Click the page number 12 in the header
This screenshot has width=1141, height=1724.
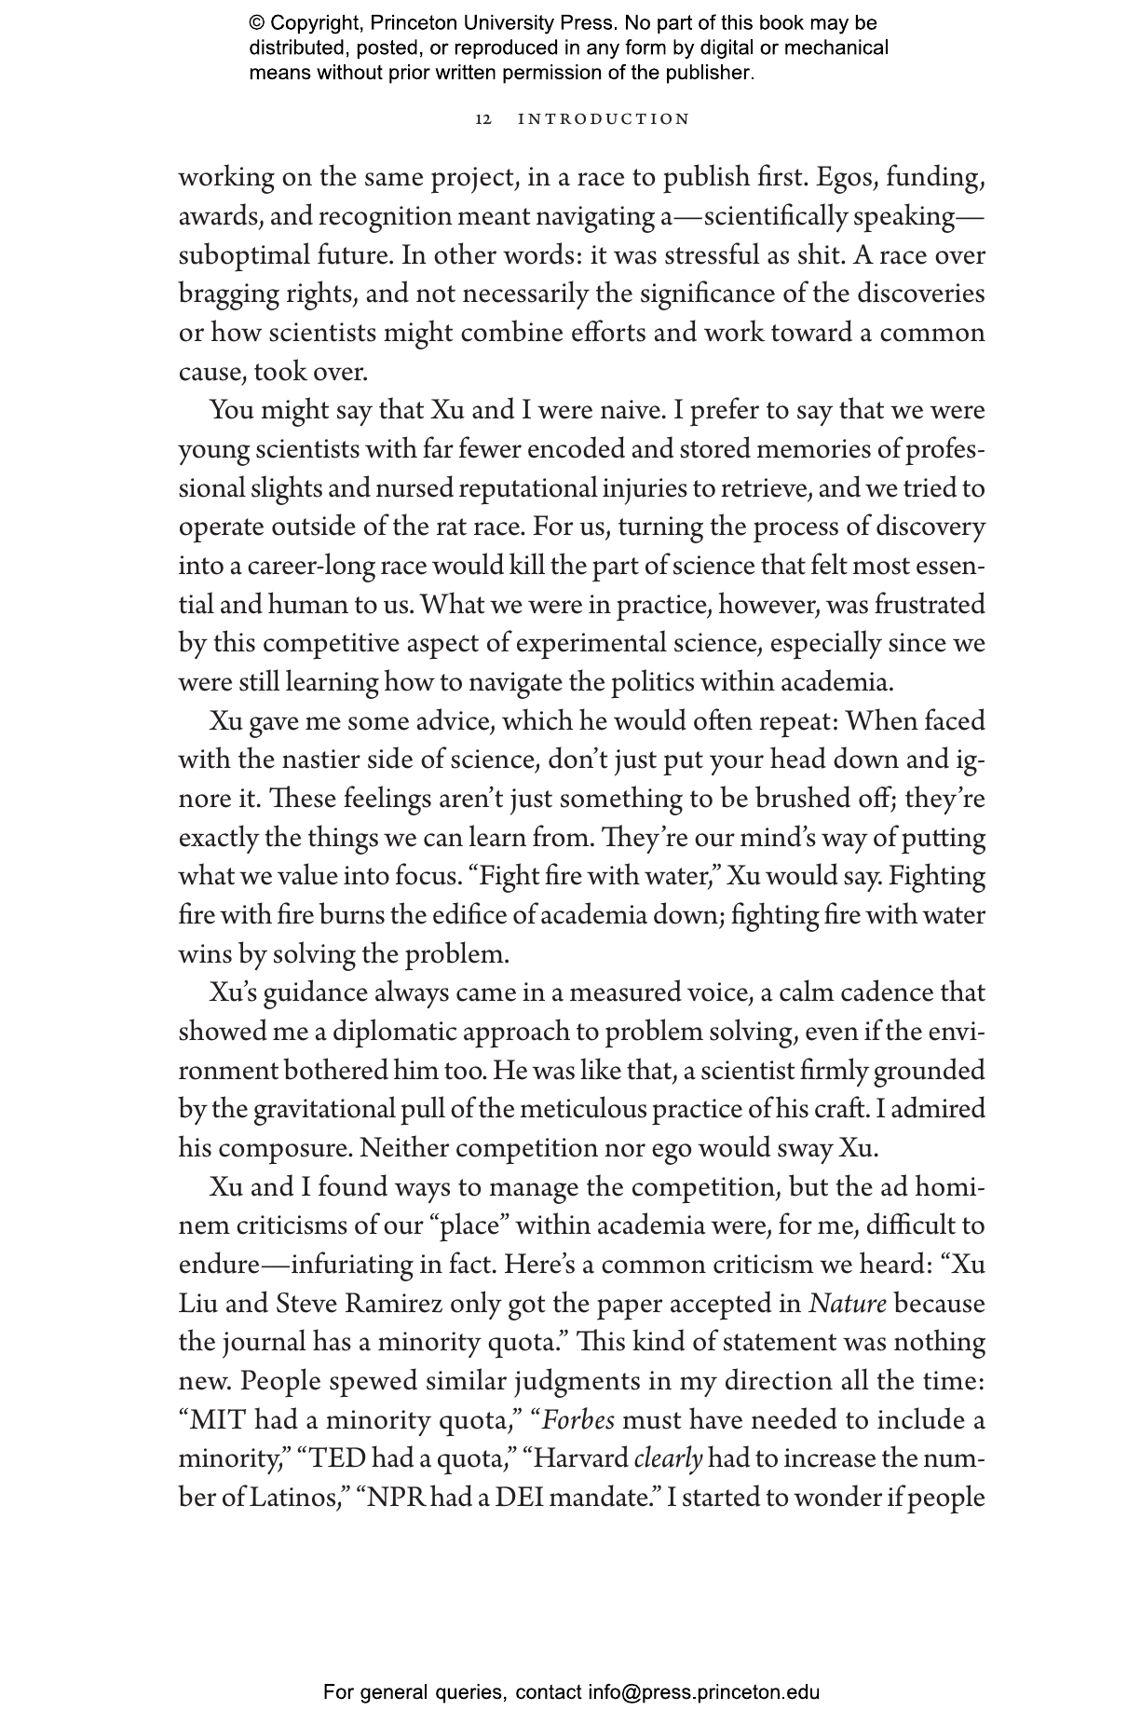(483, 119)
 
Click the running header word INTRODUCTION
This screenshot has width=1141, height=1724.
(604, 119)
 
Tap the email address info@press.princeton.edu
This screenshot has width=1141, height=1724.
(703, 1691)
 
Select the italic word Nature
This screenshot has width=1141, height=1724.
(847, 1303)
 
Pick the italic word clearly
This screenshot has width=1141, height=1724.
(667, 1458)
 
